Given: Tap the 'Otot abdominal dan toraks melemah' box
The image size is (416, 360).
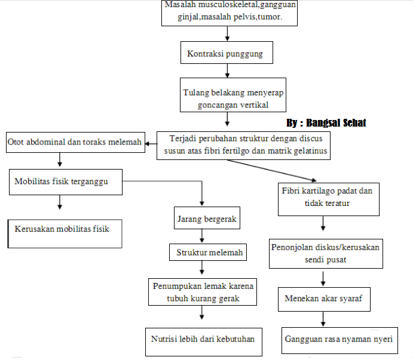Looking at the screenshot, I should tap(75, 142).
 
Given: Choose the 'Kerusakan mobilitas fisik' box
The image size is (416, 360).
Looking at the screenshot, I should tap(66, 233).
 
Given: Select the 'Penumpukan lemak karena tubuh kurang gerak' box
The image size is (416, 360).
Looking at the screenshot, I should tap(201, 293).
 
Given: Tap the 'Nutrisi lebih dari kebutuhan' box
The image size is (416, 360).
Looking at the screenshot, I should tap(202, 340).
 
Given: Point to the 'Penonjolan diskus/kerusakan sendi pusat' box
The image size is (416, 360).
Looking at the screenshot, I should tap(326, 253).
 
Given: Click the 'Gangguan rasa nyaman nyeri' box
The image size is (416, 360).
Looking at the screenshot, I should tap(338, 340).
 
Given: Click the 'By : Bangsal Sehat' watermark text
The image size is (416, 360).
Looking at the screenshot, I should tap(326, 123).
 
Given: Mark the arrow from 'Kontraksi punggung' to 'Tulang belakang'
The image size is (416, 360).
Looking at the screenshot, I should tap(227, 70).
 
